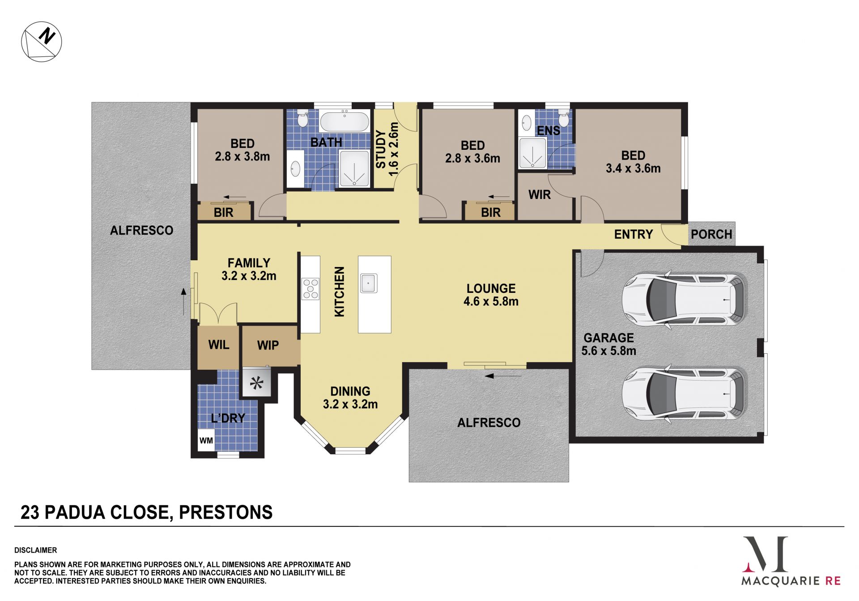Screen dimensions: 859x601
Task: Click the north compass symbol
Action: click(42, 41)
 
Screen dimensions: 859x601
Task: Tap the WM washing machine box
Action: click(206, 440)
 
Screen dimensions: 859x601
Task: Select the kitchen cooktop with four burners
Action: click(310, 288)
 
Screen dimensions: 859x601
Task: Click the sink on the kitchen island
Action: click(368, 283)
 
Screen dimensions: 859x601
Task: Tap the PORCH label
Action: click(711, 234)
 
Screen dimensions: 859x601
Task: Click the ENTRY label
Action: click(634, 234)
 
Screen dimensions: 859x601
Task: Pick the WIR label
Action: click(540, 195)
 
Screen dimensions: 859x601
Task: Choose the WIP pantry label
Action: click(268, 345)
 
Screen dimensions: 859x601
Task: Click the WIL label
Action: click(219, 345)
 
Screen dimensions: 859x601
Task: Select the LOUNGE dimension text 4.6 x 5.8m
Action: click(491, 301)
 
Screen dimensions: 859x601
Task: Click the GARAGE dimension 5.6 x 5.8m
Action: click(609, 351)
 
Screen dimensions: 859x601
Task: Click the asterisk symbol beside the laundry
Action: click(257, 383)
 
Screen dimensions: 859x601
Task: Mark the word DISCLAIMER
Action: click(36, 550)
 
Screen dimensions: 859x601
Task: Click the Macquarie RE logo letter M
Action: click(765, 554)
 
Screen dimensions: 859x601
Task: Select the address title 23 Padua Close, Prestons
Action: click(147, 512)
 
